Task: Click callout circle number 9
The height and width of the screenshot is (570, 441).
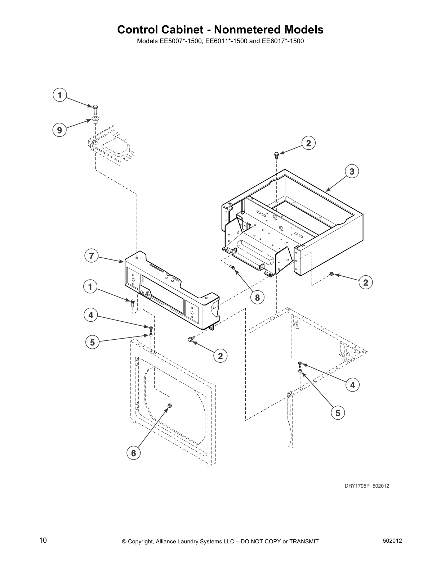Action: pyautogui.click(x=59, y=130)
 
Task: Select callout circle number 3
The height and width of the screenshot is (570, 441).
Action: pyautogui.click(x=352, y=172)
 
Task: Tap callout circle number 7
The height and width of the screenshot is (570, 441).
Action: pyautogui.click(x=91, y=256)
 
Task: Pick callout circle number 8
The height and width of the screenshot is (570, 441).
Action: pyautogui.click(x=257, y=298)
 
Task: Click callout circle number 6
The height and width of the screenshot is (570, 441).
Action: pyautogui.click(x=134, y=453)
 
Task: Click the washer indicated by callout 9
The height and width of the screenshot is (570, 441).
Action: pyautogui.click(x=95, y=119)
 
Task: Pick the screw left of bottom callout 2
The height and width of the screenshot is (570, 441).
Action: pyautogui.click(x=191, y=339)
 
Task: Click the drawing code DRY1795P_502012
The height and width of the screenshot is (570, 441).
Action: pyautogui.click(x=367, y=486)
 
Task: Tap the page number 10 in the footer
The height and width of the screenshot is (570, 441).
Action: pyautogui.click(x=43, y=540)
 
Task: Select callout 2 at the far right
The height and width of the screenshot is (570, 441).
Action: pyautogui.click(x=366, y=282)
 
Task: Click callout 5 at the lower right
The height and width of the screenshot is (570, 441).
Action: pyautogui.click(x=338, y=413)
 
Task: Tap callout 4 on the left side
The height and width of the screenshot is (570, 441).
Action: pyautogui.click(x=91, y=315)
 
